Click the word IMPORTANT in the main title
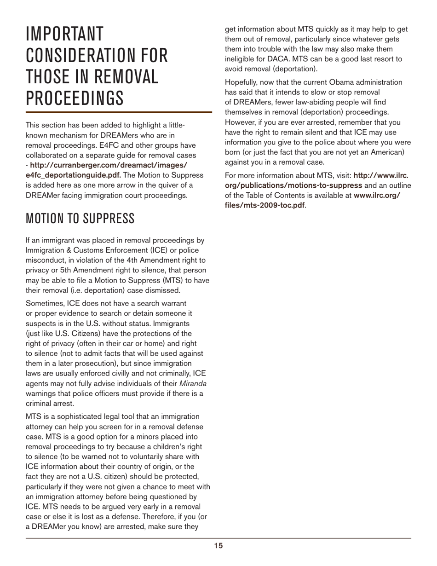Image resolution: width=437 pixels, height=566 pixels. [65, 34]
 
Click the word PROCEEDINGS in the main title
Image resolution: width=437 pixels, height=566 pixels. [75, 98]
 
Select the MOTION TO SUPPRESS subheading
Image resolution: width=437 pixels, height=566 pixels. [80, 219]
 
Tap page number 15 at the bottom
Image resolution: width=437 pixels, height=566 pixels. [218, 546]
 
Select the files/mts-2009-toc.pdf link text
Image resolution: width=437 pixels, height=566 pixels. [264, 205]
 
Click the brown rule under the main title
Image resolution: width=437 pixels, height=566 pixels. [119, 112]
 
